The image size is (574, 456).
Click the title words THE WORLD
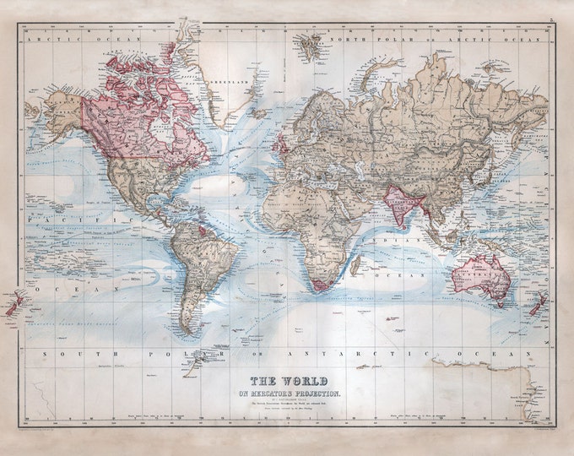tap(290, 379)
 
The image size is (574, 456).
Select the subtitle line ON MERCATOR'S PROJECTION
tap(290, 393)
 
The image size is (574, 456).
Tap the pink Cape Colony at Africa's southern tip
tap(318, 287)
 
